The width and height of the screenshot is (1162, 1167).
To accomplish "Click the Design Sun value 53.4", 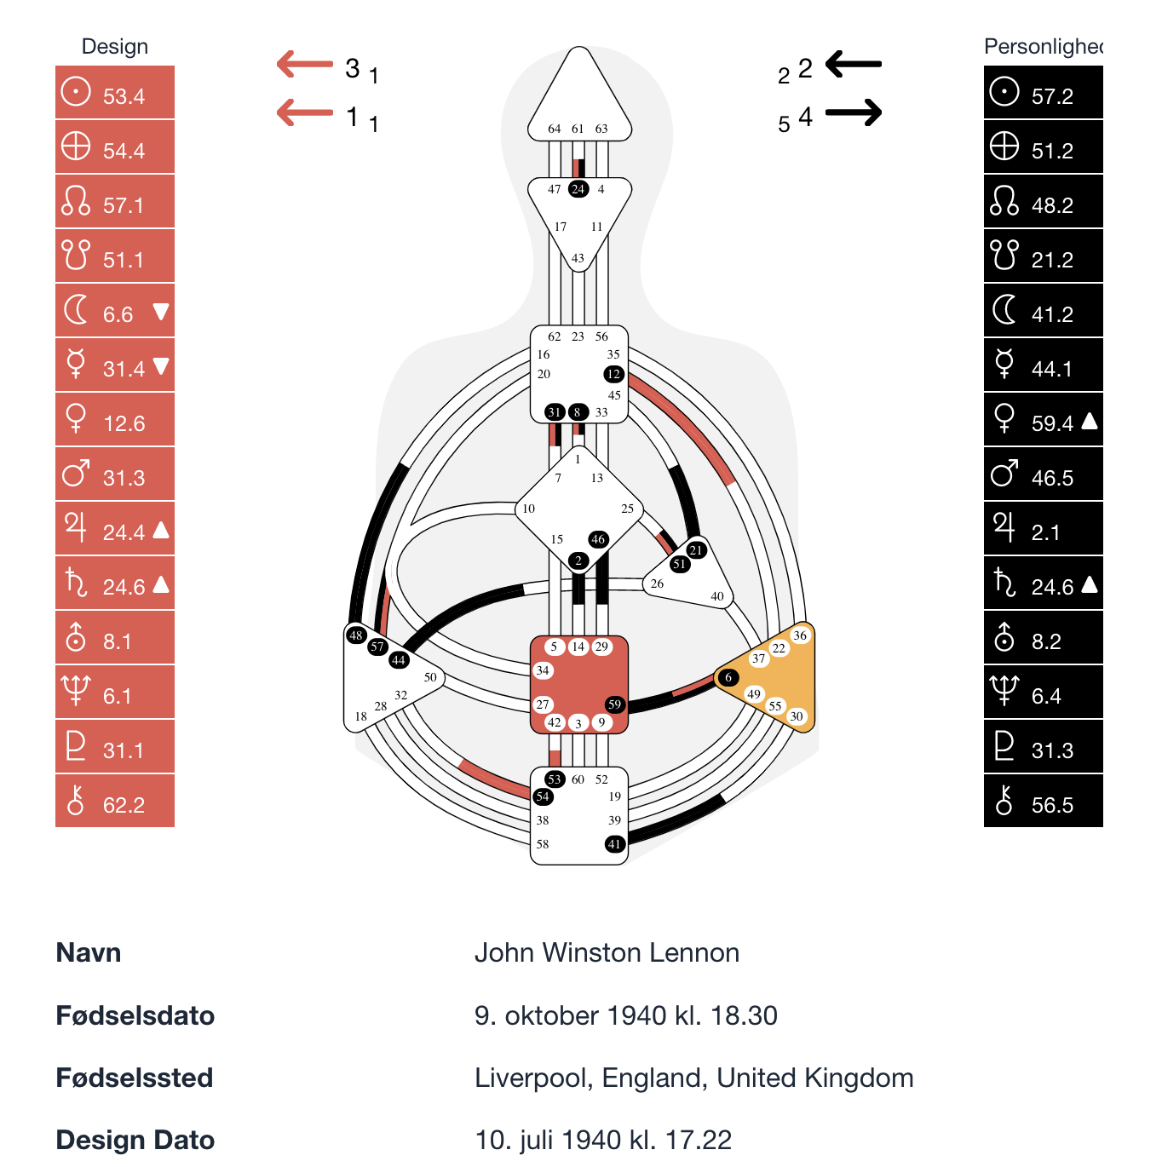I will point(124,96).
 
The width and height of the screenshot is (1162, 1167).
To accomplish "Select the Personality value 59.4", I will point(1052,423).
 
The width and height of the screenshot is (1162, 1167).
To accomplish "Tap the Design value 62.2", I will point(124,805).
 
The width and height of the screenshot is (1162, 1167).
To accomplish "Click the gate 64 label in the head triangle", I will point(555,129).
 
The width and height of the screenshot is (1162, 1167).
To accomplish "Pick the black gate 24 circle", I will point(578,189).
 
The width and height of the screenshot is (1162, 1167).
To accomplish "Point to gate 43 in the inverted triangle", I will point(578,258).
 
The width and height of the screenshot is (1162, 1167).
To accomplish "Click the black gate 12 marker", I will point(613,374).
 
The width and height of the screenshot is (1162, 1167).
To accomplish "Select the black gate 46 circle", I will point(598,539).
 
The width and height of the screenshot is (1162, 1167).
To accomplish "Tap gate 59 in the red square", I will point(614,704).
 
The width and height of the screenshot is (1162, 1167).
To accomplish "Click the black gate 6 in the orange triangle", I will point(728,677).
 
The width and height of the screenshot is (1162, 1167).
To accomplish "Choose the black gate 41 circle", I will point(614,844).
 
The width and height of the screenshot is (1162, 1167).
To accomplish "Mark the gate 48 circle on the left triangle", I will point(356,635).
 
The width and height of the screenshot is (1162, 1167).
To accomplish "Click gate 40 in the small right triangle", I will point(717,596).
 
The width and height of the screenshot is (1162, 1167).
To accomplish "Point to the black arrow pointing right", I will point(853,112).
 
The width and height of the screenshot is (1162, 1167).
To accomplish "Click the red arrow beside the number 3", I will point(304,64).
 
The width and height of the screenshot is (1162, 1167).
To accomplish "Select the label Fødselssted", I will point(135,1078).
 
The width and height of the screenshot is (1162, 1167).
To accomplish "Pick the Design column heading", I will point(115,47).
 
